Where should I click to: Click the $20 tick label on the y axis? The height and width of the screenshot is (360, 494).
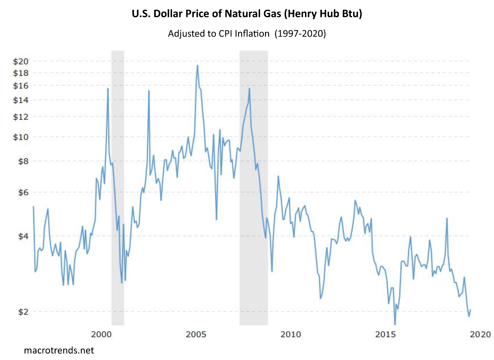tap(20, 61)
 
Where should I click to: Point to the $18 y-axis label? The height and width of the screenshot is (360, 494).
tap(20, 73)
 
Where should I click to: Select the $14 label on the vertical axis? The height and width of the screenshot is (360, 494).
tap(20, 100)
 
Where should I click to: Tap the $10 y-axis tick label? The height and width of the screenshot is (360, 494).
tap(20, 137)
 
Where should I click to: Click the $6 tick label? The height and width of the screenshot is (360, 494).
tap(23, 192)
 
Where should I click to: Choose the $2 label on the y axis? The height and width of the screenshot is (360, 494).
tap(23, 312)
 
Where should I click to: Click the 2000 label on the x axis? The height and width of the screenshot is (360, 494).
tap(101, 334)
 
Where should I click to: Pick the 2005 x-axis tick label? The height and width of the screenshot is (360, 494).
tap(196, 334)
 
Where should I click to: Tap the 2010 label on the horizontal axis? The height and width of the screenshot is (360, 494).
tap(291, 334)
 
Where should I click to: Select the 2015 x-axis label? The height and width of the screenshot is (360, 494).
tap(386, 334)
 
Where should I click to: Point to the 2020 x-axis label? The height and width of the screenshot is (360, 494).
tap(480, 334)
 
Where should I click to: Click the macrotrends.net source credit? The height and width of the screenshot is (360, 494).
tap(59, 351)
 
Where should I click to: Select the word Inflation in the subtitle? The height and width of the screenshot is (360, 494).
tap(252, 34)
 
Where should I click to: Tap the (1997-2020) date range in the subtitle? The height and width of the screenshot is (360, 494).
tap(300, 34)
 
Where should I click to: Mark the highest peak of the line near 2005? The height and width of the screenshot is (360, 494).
tap(197, 65)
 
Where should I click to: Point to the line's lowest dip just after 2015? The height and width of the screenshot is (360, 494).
tap(395, 324)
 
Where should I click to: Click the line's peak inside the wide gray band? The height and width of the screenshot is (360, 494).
tap(249, 89)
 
